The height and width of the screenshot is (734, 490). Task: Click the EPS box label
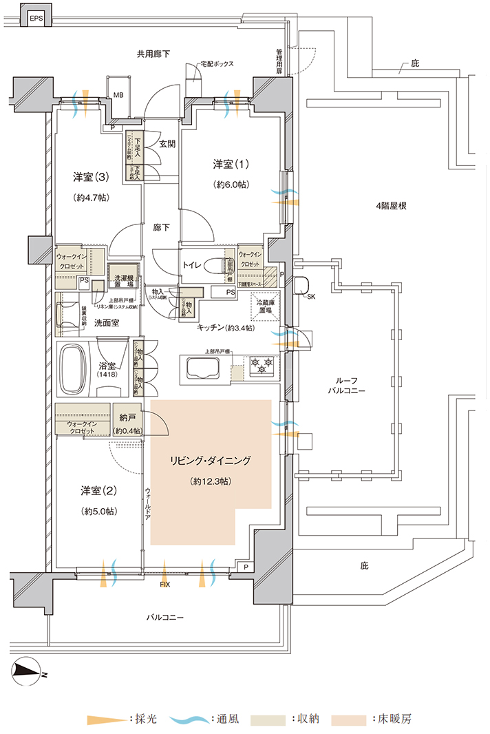click(x=36, y=19)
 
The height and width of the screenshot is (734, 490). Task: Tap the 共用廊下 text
click(x=153, y=54)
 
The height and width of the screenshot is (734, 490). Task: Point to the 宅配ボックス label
click(x=216, y=64)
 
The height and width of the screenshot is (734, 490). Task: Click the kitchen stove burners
click(x=261, y=365)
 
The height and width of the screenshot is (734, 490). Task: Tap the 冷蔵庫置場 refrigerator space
click(x=265, y=307)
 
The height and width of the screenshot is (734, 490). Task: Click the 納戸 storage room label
click(x=127, y=418)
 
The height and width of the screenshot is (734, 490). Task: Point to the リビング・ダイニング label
click(x=209, y=461)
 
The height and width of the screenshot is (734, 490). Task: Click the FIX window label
click(x=164, y=585)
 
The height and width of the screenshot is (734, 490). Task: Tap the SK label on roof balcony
click(x=311, y=297)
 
